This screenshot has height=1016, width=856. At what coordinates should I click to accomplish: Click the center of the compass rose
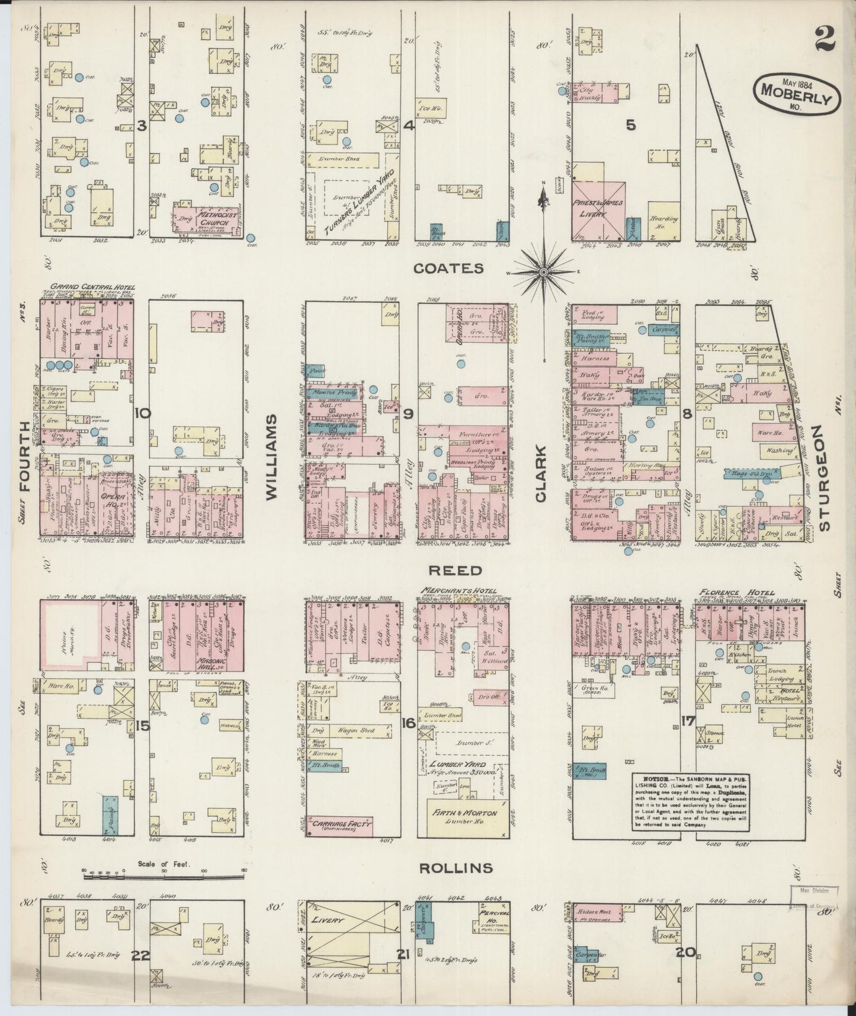click(543, 272)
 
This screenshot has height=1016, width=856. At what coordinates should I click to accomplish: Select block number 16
click(406, 722)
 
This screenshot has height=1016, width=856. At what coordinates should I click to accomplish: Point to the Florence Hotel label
click(736, 592)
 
